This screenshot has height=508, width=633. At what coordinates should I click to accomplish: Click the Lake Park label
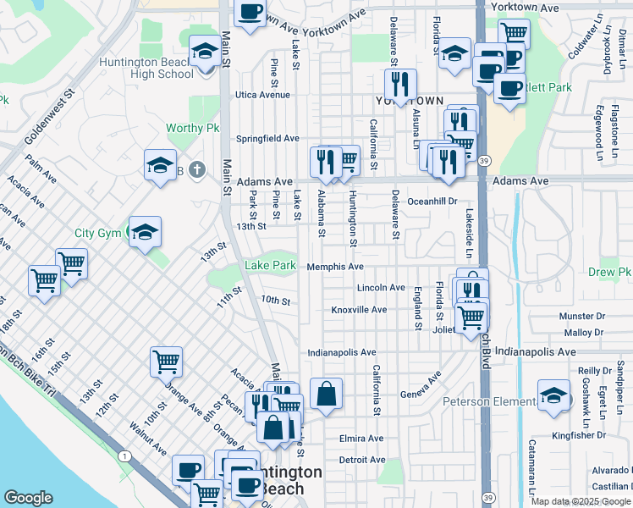(270, 266)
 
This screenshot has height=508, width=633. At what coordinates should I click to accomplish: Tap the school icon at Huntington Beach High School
(204, 52)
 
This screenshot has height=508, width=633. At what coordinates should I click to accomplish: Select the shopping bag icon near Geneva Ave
(326, 393)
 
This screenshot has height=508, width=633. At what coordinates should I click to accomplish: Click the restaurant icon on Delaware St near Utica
(399, 83)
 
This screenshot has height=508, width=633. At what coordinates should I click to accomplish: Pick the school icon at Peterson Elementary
(553, 395)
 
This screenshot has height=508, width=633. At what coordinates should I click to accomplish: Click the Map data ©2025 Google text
(580, 501)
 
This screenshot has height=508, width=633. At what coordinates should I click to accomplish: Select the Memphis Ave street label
(335, 267)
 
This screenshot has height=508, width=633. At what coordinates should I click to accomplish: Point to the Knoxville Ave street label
(359, 310)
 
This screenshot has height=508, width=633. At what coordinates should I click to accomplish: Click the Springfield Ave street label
(267, 138)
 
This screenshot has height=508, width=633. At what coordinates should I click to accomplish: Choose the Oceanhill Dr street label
(432, 202)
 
